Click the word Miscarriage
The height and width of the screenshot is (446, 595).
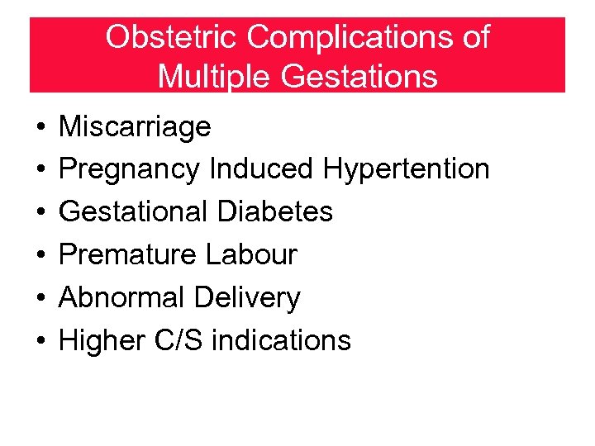click(x=136, y=126)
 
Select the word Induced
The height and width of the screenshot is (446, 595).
click(x=262, y=169)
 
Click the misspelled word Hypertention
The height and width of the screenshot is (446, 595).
click(x=407, y=169)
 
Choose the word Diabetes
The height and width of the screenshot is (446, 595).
click(x=275, y=211)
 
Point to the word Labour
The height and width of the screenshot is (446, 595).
click(x=251, y=254)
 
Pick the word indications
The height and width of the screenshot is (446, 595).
click(x=281, y=339)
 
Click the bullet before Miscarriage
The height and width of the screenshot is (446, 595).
click(x=40, y=128)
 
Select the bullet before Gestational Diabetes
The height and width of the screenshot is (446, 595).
click(x=40, y=213)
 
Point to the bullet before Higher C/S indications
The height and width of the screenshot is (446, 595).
click(x=40, y=341)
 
